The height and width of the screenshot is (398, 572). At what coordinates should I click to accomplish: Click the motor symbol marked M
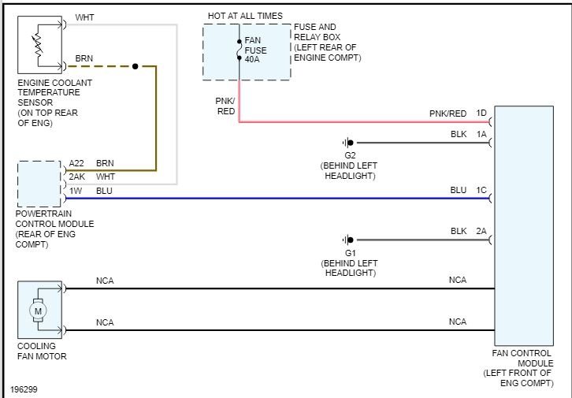(x=38, y=311)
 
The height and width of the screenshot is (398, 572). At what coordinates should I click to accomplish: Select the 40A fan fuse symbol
(x=239, y=50)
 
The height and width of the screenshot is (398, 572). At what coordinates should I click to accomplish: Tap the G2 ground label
(x=350, y=155)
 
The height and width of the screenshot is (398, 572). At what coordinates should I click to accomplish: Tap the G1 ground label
(x=350, y=251)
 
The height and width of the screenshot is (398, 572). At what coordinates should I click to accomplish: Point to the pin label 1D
(x=481, y=113)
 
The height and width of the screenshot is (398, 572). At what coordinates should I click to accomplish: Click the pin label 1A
(x=481, y=135)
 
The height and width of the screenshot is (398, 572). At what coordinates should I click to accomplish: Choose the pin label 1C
(x=481, y=190)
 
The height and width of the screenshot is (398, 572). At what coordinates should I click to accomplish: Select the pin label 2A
(x=481, y=231)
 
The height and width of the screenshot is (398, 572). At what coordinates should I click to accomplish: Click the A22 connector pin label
(x=76, y=163)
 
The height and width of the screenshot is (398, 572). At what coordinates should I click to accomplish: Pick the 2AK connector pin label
(x=76, y=177)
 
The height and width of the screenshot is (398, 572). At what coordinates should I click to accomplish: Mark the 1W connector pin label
(x=76, y=190)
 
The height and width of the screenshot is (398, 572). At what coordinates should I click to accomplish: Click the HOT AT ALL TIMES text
(x=245, y=16)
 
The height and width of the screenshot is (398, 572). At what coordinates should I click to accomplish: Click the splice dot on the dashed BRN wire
(x=136, y=66)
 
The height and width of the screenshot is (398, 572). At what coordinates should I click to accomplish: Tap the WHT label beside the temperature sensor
(x=84, y=17)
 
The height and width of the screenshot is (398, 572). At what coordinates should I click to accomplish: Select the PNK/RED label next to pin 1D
(x=448, y=113)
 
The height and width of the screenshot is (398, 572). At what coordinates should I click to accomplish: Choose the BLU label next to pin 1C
(x=458, y=190)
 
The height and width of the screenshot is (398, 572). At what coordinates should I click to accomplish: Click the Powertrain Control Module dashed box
(x=39, y=184)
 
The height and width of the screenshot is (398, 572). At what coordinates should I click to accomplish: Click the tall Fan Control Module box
(x=523, y=229)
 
